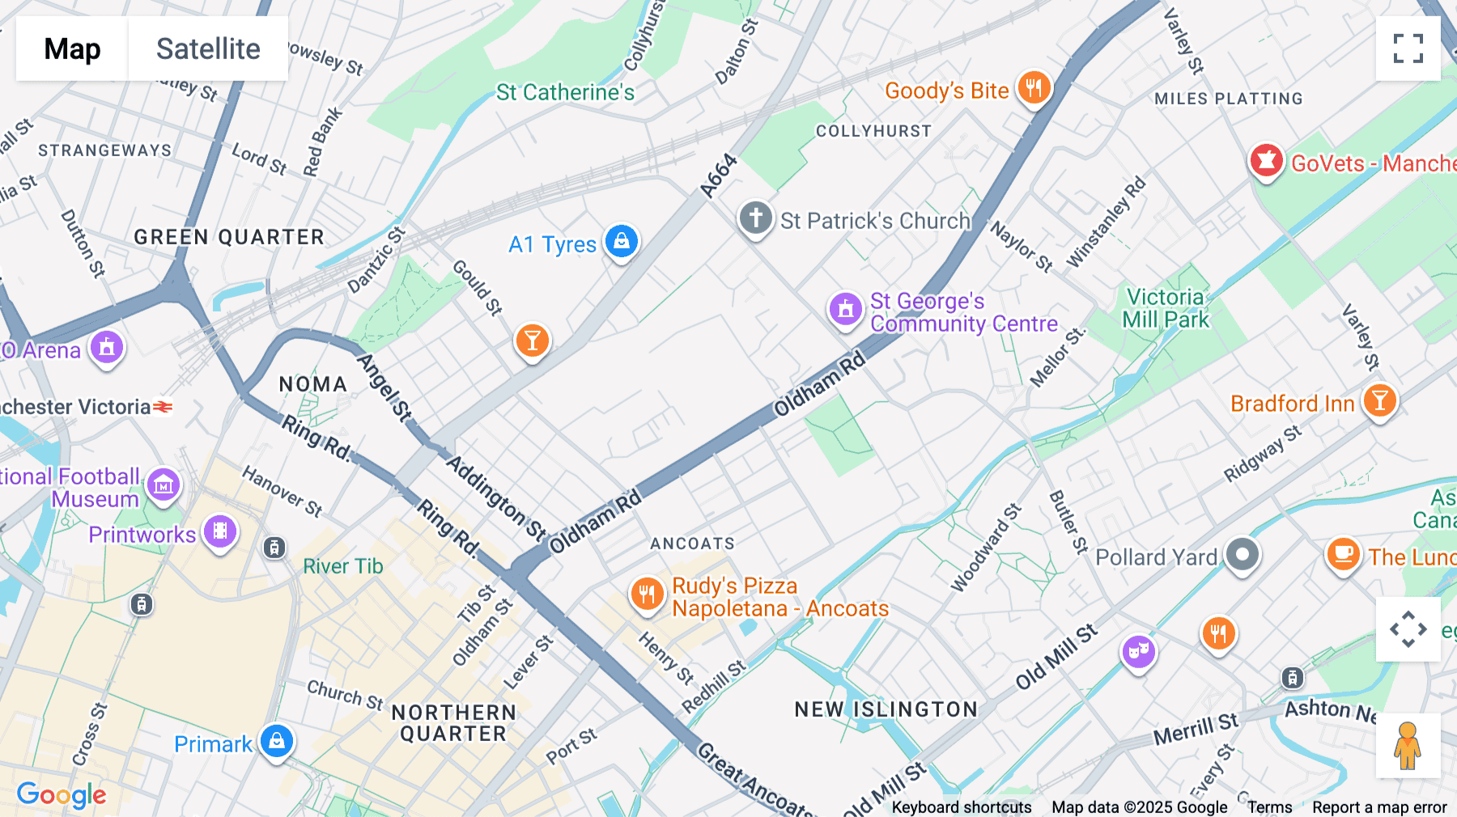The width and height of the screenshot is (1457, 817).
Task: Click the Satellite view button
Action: tap(208, 49)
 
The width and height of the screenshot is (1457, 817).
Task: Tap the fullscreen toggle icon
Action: tap(1408, 49)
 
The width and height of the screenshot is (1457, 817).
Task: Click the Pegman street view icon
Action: tap(1408, 745)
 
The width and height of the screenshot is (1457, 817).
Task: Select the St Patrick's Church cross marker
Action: tap(756, 218)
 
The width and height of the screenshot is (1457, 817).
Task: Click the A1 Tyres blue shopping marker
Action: tap(622, 241)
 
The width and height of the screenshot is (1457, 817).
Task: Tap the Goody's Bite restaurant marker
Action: tap(1034, 87)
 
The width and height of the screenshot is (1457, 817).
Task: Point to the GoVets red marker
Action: tap(1266, 161)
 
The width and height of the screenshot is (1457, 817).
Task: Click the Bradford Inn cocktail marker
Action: tap(1379, 400)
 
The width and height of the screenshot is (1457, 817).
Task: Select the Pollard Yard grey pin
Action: tap(1242, 555)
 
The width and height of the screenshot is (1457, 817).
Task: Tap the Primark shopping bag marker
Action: tap(276, 741)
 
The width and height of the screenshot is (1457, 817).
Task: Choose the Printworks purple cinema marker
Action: tap(220, 531)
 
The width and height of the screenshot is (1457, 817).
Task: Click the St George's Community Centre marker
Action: tap(846, 309)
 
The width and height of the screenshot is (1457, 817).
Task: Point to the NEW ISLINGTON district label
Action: tap(886, 709)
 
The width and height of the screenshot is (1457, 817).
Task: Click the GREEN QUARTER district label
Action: tap(229, 237)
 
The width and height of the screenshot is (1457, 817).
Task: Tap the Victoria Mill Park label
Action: tap(1165, 308)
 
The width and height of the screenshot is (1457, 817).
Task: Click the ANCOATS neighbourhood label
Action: tap(692, 544)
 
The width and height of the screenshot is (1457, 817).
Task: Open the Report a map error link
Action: tap(1378, 806)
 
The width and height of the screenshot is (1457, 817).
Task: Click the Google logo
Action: tap(62, 795)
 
